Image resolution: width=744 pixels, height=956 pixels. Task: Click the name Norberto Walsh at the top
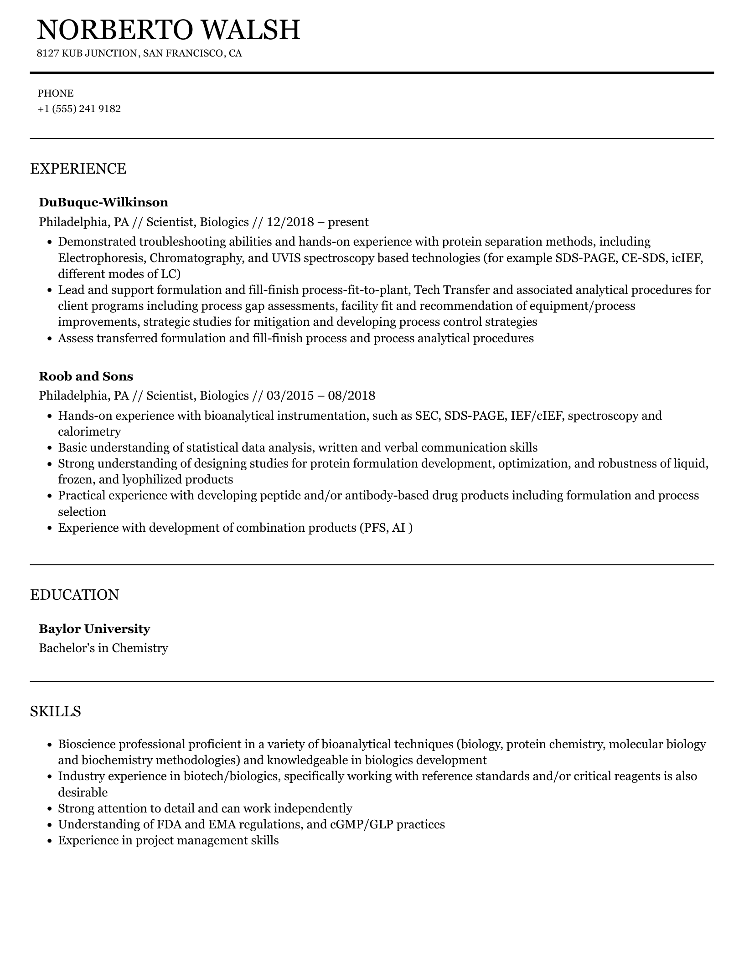coord(168,30)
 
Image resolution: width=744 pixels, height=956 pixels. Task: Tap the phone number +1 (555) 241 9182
coord(79,109)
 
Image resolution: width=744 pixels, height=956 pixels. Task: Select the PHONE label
coord(56,93)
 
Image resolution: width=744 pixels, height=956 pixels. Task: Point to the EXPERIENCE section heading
coord(78,169)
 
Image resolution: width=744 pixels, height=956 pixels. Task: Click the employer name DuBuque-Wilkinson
coord(103,202)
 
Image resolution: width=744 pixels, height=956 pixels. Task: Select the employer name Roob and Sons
coord(86,376)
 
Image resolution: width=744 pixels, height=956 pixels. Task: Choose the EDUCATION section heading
coord(74,595)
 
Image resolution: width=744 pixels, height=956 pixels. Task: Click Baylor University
coord(94,629)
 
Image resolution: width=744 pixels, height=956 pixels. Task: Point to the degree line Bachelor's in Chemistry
coord(103,648)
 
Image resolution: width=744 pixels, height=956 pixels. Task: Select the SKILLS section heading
coord(56,711)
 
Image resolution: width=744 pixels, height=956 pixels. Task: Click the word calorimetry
coord(89,432)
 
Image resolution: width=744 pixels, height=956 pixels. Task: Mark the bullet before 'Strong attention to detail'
coord(51,809)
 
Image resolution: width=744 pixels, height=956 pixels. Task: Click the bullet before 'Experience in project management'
coord(51,841)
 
